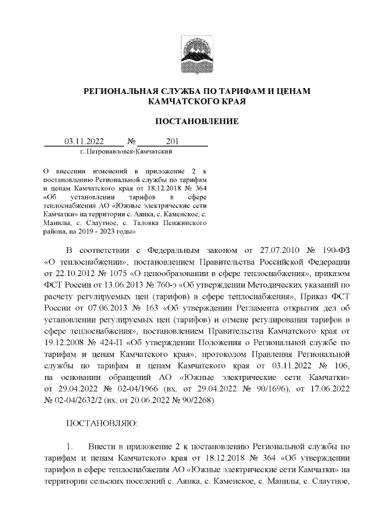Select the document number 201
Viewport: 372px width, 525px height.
pyautogui.click(x=172, y=140)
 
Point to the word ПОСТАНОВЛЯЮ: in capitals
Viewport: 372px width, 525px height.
pyautogui.click(x=102, y=424)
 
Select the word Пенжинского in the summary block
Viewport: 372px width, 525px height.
pyautogui.click(x=184, y=223)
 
